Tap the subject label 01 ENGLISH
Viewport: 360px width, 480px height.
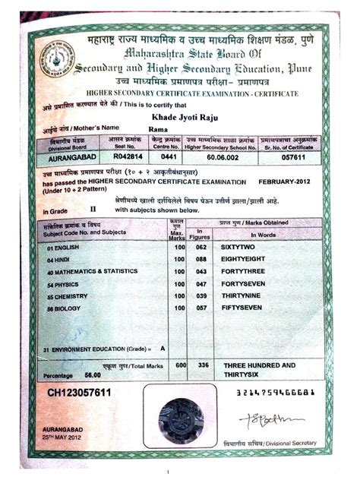[64, 247]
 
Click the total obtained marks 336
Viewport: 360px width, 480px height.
[203, 365]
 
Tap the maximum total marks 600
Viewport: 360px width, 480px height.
[181, 365]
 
